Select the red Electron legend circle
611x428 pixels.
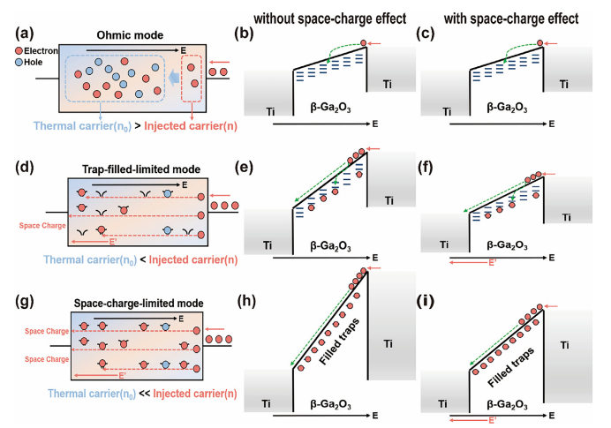pyautogui.click(x=19, y=51)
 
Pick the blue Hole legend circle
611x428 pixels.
pyautogui.click(x=19, y=64)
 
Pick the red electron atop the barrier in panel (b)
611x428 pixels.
pyautogui.click(x=365, y=42)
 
